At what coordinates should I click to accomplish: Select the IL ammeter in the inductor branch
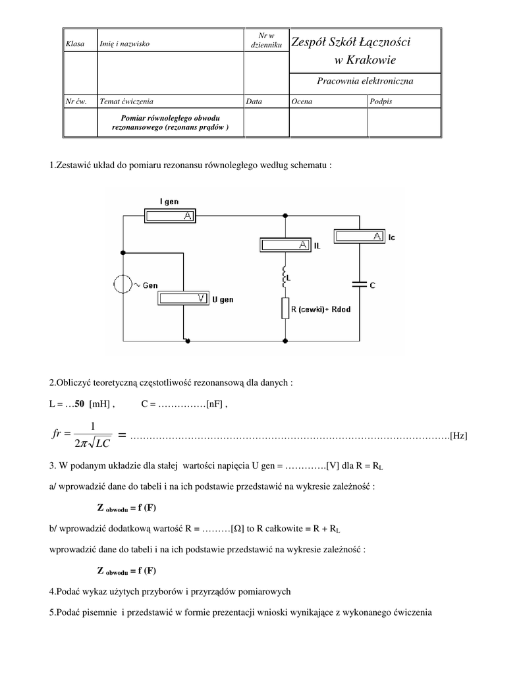[x=285, y=245]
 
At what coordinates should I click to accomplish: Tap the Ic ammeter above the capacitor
[x=360, y=235]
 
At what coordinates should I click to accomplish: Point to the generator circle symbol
[x=123, y=285]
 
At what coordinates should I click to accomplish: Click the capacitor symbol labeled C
[x=360, y=285]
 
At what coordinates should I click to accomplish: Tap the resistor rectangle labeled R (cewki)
[x=285, y=308]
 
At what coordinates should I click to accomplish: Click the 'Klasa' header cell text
[x=72, y=44]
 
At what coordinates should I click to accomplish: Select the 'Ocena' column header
[x=302, y=102]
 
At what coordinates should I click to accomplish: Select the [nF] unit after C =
[x=215, y=405]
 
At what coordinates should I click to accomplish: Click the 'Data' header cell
[x=254, y=102]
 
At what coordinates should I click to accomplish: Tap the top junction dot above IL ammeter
[x=285, y=215]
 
